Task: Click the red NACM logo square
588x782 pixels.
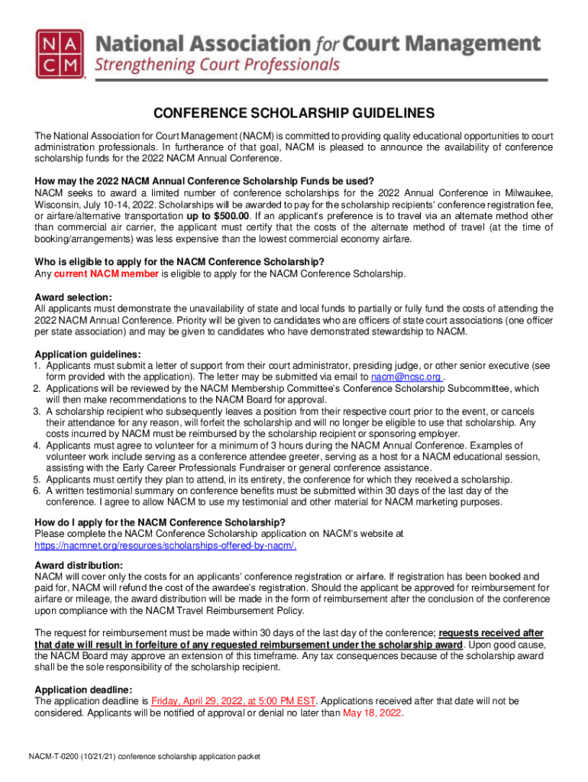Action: [x=60, y=54]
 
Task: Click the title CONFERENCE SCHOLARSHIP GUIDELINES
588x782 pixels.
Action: [x=294, y=113]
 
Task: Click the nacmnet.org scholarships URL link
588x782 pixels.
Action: [x=166, y=545]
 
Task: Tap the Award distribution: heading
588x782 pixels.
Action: [x=79, y=565]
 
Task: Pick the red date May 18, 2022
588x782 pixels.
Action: [x=373, y=713]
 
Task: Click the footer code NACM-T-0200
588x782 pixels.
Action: [x=60, y=757]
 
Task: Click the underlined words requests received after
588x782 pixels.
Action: [x=492, y=632]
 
